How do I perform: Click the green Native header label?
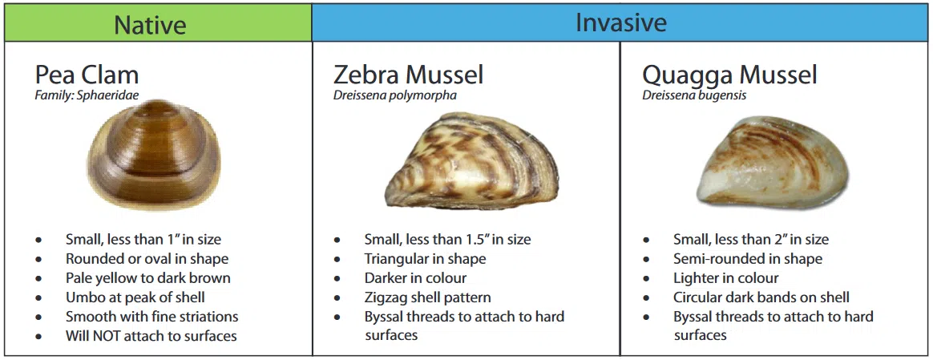150,25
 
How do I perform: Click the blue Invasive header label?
620,22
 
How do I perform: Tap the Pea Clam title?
87,75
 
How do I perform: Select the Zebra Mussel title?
408,75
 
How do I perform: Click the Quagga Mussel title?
729,75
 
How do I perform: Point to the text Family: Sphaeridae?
87,95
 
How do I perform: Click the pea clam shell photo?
154,156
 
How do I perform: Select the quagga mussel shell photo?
773,162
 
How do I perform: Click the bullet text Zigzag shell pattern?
428,297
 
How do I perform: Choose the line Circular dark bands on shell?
761,297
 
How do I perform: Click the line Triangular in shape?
426,259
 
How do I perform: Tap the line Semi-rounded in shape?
748,259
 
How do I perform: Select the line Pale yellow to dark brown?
148,278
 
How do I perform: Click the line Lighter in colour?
726,278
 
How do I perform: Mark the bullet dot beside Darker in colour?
337,278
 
